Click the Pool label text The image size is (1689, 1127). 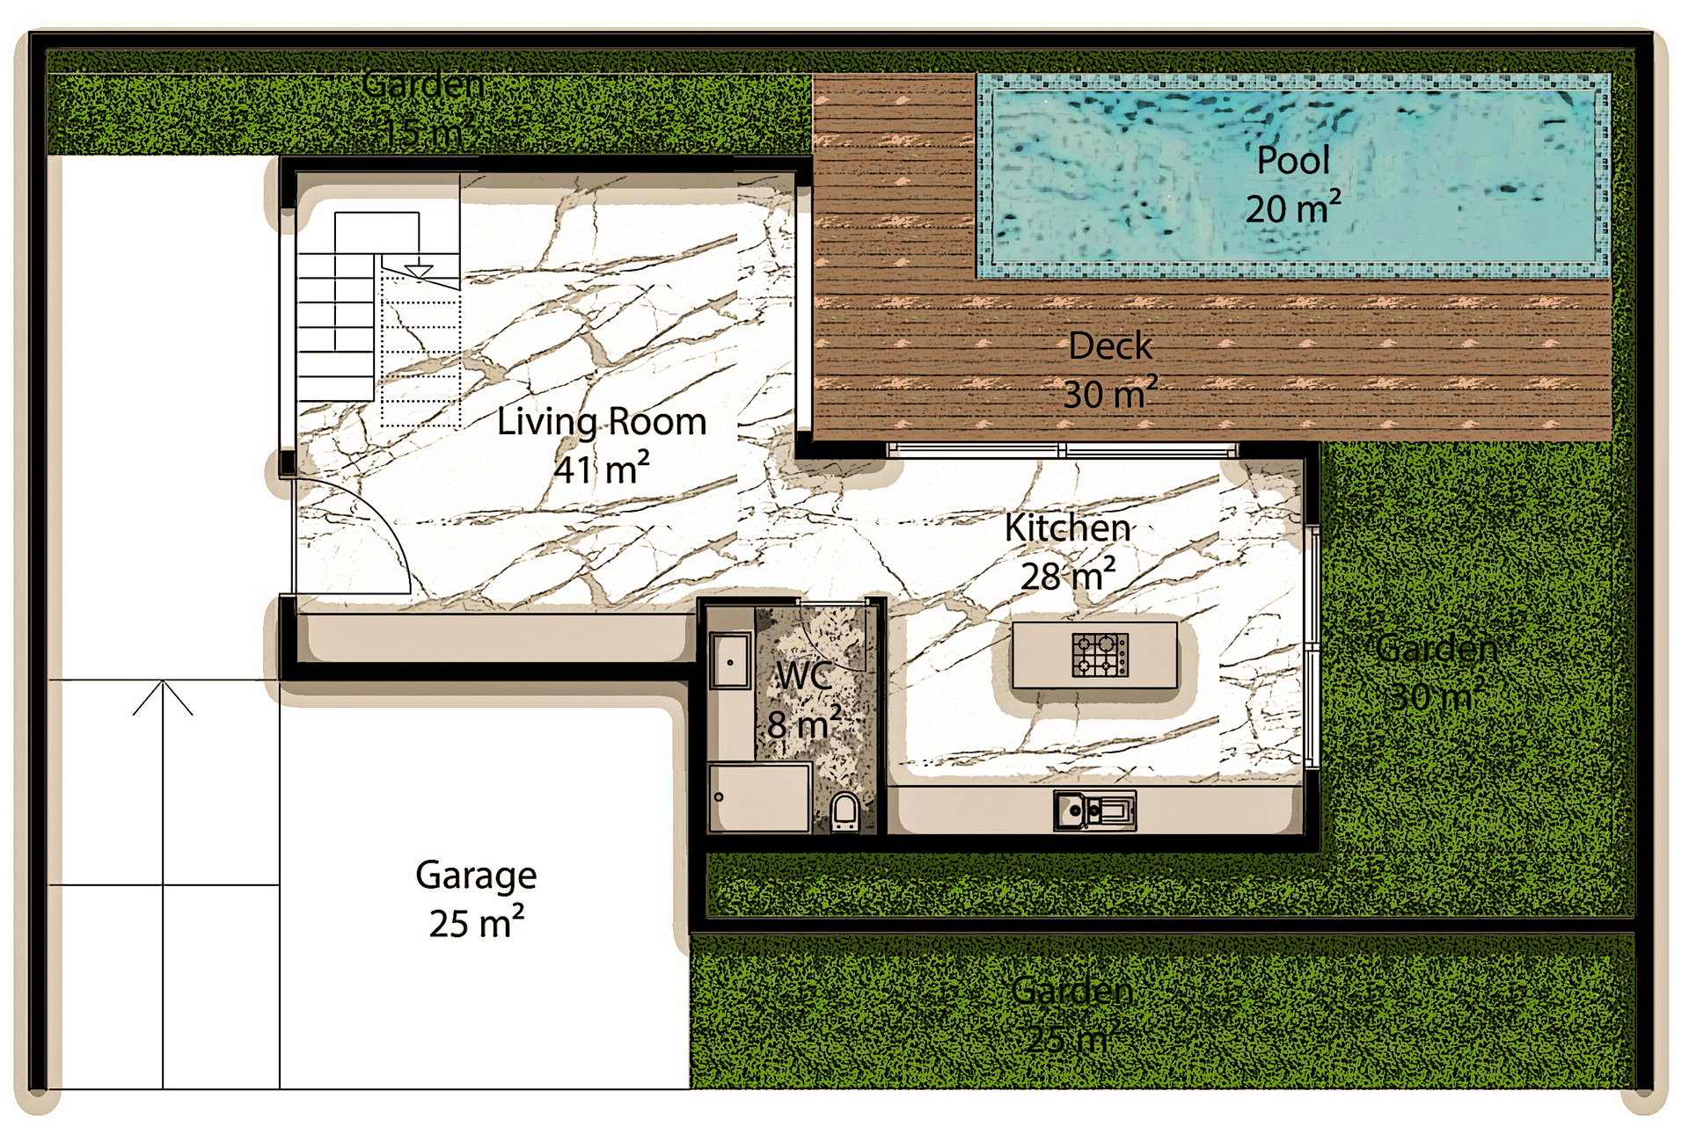click(x=1292, y=160)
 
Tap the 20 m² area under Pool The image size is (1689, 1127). click(x=1292, y=209)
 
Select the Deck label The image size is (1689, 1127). click(x=1109, y=346)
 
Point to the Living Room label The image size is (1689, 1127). click(x=602, y=422)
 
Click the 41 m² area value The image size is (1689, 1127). click(x=602, y=469)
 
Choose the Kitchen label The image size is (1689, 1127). click(x=1067, y=528)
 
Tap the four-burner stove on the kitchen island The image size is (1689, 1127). click(x=1100, y=655)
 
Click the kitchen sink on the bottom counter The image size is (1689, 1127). click(x=1094, y=811)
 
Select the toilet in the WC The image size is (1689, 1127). click(x=844, y=812)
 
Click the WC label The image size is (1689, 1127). click(x=802, y=676)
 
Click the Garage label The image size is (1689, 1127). click(x=476, y=876)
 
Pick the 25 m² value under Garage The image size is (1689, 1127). click(x=476, y=923)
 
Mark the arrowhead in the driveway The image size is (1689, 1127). click(x=163, y=696)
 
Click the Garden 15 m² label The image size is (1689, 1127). click(x=423, y=108)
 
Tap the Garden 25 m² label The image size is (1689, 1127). click(x=1072, y=1014)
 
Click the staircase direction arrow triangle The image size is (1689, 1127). click(x=419, y=271)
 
